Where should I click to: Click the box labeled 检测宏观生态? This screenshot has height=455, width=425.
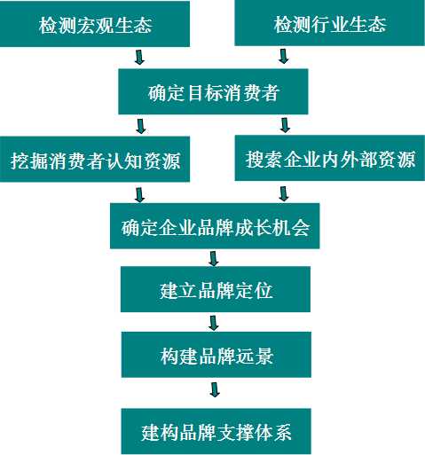coord(95,24)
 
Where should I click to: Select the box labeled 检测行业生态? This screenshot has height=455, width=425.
coord(330,23)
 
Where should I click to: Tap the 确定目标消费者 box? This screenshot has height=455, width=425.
coord(213,91)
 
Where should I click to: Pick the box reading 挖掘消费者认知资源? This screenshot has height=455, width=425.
coord(95,159)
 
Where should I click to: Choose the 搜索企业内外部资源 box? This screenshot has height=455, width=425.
coord(330,158)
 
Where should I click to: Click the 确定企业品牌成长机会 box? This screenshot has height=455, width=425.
coord(215,226)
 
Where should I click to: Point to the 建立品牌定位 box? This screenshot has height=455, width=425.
coord(216,289)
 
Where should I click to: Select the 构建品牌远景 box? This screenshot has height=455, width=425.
coord(216,355)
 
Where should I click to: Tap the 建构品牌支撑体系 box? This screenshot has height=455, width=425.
coord(216,431)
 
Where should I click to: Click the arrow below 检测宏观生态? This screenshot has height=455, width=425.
coord(139,57)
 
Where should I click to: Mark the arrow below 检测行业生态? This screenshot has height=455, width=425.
coord(284,56)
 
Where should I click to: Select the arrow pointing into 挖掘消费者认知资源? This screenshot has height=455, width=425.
coord(141,126)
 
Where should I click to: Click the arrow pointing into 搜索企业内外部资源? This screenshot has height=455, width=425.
coord(285,125)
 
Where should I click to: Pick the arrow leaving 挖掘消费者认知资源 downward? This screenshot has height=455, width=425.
coord(139,194)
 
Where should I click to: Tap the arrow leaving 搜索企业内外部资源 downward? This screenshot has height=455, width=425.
coord(284,193)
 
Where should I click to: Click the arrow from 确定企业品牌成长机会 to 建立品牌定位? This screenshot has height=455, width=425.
coord(214,259)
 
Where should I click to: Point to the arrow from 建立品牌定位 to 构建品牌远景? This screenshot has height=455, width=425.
coord(214,323)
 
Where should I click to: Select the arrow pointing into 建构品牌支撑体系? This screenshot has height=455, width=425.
coord(215,390)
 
